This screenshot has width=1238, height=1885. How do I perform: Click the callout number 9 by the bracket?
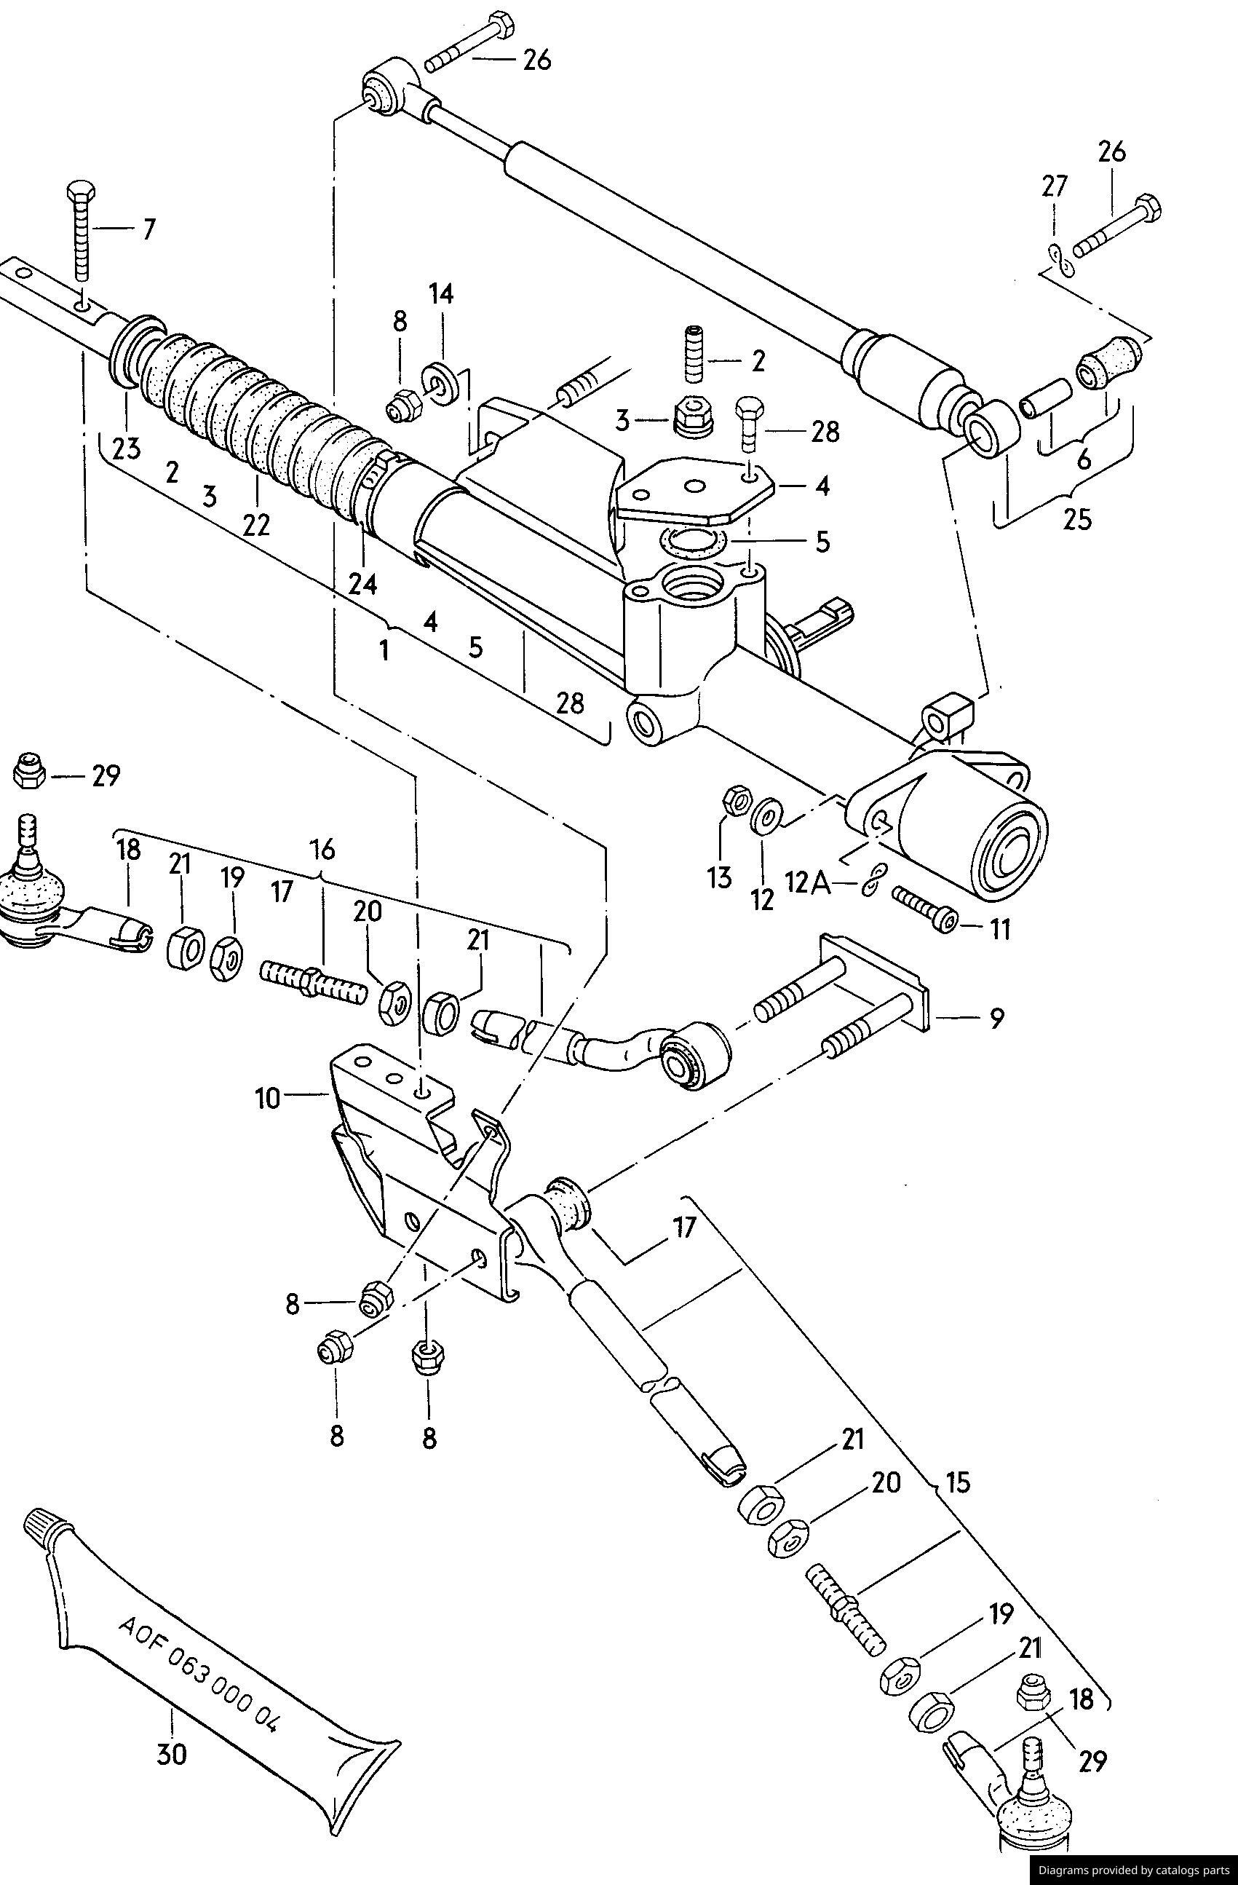pyautogui.click(x=996, y=1017)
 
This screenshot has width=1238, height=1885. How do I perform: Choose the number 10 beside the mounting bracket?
pyautogui.click(x=269, y=1099)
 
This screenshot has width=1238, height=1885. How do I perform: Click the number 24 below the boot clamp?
pyautogui.click(x=363, y=584)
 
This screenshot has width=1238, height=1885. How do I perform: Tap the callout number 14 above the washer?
pyautogui.click(x=442, y=295)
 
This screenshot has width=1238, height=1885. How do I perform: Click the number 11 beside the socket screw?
pyautogui.click(x=999, y=928)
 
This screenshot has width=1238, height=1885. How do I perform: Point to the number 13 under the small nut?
pyautogui.click(x=720, y=878)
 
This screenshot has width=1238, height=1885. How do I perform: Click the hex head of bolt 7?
pyautogui.click(x=82, y=191)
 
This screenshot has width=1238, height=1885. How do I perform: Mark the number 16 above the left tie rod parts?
pyautogui.click(x=322, y=850)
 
